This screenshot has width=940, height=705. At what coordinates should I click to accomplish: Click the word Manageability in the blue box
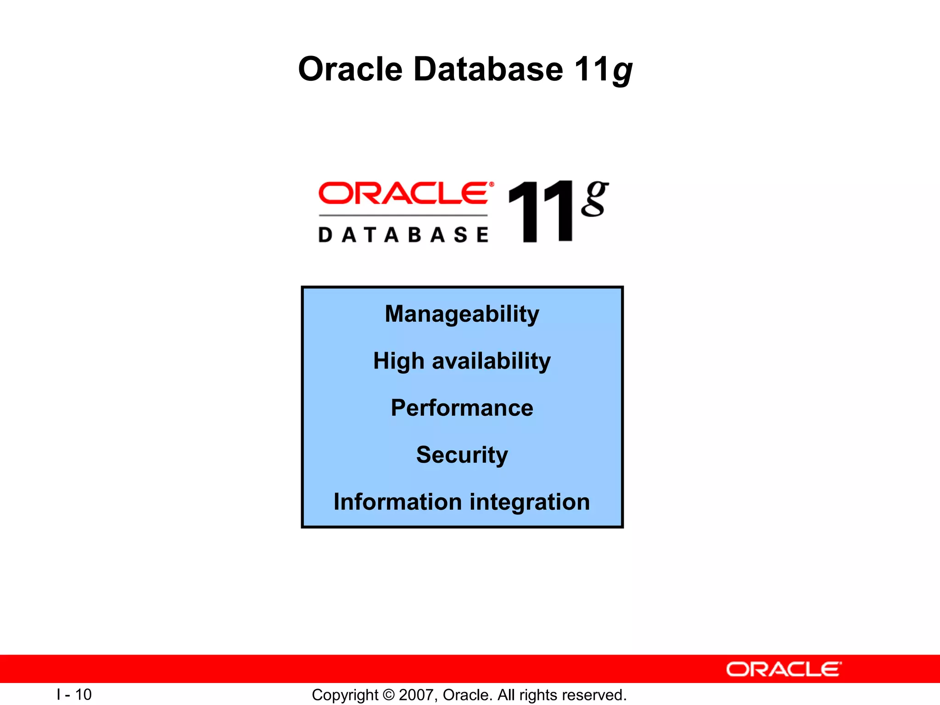[x=462, y=314]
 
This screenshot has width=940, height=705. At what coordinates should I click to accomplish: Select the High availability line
[x=462, y=361]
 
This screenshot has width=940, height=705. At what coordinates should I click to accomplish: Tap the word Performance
[x=462, y=408]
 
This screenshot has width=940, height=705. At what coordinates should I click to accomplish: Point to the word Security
[x=462, y=455]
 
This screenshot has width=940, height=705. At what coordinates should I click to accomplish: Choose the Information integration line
[x=462, y=502]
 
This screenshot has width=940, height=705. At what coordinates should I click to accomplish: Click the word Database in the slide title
[x=488, y=69]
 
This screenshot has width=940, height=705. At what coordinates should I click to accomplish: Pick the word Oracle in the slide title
[x=350, y=69]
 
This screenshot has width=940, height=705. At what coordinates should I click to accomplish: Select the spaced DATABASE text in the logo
[x=403, y=235]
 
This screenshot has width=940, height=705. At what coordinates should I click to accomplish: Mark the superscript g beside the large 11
[x=594, y=198]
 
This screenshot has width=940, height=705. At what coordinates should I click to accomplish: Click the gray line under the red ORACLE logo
[x=403, y=215]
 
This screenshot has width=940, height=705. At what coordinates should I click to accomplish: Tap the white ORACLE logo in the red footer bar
[x=783, y=670]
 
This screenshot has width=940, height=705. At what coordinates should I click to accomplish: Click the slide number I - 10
[x=74, y=694]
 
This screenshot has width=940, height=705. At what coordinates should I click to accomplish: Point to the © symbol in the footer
[x=388, y=695]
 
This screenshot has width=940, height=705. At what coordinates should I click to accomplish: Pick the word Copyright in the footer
[x=345, y=695]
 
